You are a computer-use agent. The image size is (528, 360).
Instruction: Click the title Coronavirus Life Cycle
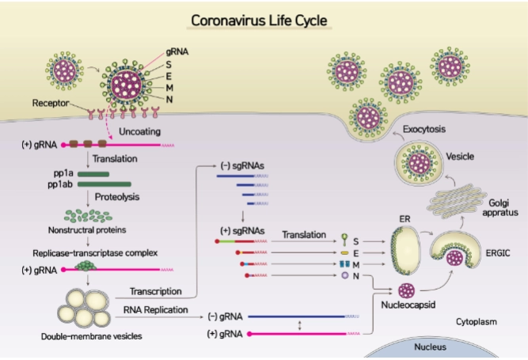click(x=259, y=21)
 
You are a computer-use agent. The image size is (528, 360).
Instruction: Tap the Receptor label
click(x=51, y=103)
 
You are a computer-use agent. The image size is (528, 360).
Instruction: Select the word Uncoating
click(x=140, y=131)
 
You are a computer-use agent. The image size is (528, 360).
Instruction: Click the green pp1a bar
click(x=93, y=174)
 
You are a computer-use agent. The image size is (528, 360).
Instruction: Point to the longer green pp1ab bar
click(x=104, y=184)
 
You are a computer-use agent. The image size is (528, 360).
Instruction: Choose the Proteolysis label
click(x=117, y=197)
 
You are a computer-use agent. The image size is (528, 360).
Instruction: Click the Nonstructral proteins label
click(x=87, y=230)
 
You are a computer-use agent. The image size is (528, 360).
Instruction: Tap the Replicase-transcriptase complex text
click(x=95, y=253)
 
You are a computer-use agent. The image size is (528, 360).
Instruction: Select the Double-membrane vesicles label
click(x=92, y=336)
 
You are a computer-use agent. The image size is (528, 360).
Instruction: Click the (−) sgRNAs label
click(x=242, y=166)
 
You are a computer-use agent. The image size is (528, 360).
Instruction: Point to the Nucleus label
click(x=430, y=347)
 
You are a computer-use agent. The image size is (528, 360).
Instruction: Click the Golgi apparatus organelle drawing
click(x=457, y=201)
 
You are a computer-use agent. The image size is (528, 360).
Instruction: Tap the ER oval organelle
click(x=405, y=251)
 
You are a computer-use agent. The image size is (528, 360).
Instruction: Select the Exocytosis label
click(x=424, y=129)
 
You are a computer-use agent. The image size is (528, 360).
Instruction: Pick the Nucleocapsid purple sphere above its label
click(x=406, y=290)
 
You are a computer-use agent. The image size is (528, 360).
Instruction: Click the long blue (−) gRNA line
click(x=296, y=316)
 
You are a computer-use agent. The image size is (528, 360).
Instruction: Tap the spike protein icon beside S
click(x=344, y=240)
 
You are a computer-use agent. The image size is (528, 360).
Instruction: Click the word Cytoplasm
click(x=477, y=322)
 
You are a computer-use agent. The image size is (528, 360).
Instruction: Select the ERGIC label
click(x=498, y=253)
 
